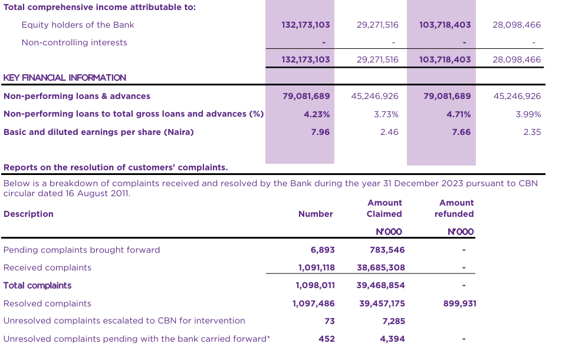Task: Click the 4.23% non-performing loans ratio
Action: pos(317,114)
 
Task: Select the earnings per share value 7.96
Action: pos(320,132)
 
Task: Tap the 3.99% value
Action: pos(528,114)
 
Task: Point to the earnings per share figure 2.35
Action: pos(531,132)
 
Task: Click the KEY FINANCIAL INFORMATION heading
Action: pos(65,78)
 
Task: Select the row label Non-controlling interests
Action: pos(74,42)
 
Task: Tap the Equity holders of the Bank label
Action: pos(78,25)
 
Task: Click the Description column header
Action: pos(28,214)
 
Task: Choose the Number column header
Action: pos(315,214)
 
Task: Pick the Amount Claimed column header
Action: pos(384,209)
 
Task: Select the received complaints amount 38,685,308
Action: pos(381,267)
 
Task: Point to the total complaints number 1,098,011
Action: pos(315,285)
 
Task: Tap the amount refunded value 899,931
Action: pos(460,303)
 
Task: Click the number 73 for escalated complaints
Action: pos(330,321)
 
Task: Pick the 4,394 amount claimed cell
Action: pos(393,339)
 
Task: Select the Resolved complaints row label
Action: pos(47,303)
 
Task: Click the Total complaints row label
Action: pos(37,285)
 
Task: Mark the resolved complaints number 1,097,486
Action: pos(314,303)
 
